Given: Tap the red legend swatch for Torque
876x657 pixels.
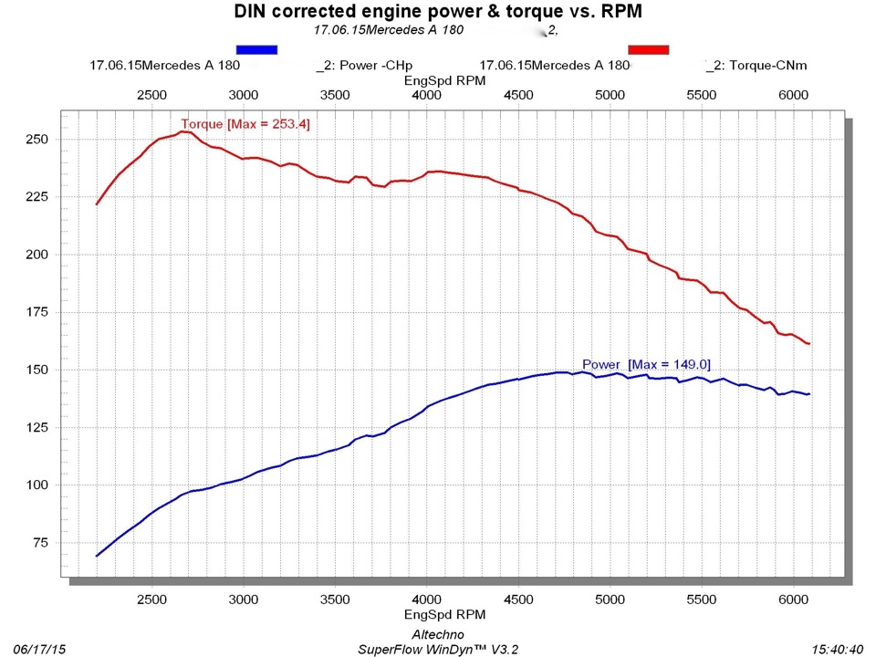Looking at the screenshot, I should tap(649, 49).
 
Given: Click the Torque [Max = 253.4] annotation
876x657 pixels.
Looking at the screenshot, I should tap(245, 124).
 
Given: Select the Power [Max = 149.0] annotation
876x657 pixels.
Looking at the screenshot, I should tap(646, 365).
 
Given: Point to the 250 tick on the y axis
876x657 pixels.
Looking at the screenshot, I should tap(39, 140).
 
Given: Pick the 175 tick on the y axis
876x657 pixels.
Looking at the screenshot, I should tap(39, 312).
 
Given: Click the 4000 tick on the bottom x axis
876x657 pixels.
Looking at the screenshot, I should tap(426, 599).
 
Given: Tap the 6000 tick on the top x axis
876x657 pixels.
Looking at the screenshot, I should tap(793, 95).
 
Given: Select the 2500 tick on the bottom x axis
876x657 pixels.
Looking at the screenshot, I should tap(151, 599).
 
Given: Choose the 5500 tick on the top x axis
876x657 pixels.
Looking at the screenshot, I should tap(701, 95).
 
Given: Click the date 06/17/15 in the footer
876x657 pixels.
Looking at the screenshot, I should tap(40, 649).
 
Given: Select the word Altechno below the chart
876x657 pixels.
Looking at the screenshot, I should tap(439, 634).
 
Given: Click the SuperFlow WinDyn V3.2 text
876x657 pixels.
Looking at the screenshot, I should tap(438, 649).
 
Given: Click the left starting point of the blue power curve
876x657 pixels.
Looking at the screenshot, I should tap(97, 556).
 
